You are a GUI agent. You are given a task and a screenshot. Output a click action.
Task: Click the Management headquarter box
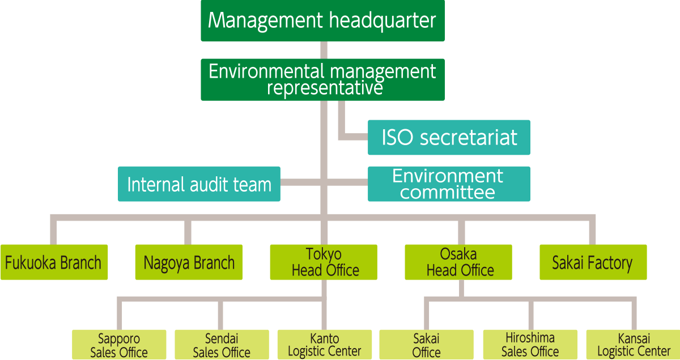point(322,21)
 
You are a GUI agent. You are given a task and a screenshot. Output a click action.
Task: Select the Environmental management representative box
point(322,79)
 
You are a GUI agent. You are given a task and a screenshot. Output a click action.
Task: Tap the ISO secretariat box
point(449,137)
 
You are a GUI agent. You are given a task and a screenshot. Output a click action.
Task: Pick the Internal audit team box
point(199,184)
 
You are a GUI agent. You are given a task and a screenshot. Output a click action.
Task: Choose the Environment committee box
point(449,184)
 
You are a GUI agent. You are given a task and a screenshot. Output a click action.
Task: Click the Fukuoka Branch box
point(54,262)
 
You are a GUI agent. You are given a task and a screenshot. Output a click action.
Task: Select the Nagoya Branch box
point(189,262)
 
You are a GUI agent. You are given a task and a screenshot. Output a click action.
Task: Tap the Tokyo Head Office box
point(324,262)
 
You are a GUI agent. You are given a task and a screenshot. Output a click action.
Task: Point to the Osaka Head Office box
point(458,262)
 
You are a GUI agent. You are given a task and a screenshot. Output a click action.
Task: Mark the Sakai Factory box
point(593,262)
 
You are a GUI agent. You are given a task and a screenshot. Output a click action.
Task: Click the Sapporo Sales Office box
point(119,345)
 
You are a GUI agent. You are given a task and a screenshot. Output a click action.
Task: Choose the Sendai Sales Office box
point(222,345)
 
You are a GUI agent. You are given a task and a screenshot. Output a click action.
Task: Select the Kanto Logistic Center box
point(325,345)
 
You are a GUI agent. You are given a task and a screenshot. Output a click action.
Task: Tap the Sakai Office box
point(426,345)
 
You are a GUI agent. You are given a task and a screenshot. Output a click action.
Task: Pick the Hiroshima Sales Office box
point(530,345)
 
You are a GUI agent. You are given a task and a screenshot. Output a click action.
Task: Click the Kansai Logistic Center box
point(634,345)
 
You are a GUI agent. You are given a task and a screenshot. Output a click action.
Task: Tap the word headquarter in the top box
point(383,20)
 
